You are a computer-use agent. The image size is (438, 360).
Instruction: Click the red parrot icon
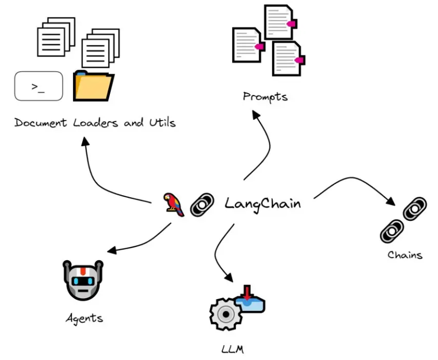[x=173, y=205]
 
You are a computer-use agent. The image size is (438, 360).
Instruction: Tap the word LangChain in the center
[x=262, y=204]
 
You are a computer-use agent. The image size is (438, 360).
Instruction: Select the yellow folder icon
[x=93, y=86]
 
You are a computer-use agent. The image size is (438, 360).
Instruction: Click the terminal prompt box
[x=38, y=86]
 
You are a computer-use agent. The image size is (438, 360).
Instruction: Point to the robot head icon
[x=83, y=280]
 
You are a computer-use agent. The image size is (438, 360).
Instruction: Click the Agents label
[x=84, y=318]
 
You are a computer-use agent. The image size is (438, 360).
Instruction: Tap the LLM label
[x=233, y=349]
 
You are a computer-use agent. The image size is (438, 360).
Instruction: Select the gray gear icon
[x=226, y=314]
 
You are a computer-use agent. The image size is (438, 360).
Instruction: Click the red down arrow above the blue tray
[x=247, y=292]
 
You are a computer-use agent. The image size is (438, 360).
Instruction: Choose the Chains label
[x=405, y=255]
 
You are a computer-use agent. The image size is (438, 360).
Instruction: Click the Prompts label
[x=265, y=97]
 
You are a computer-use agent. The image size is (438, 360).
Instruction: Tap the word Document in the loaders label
[x=41, y=123]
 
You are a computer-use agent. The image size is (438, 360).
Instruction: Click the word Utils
[x=162, y=122]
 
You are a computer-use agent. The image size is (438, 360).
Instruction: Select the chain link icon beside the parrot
[x=202, y=205]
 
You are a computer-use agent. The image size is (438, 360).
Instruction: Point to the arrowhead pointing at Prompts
[x=256, y=114]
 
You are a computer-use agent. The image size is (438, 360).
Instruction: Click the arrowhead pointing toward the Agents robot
[x=112, y=250]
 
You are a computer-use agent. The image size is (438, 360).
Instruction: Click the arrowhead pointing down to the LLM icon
[x=229, y=277]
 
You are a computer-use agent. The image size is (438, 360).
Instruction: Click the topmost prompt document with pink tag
[x=280, y=22]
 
